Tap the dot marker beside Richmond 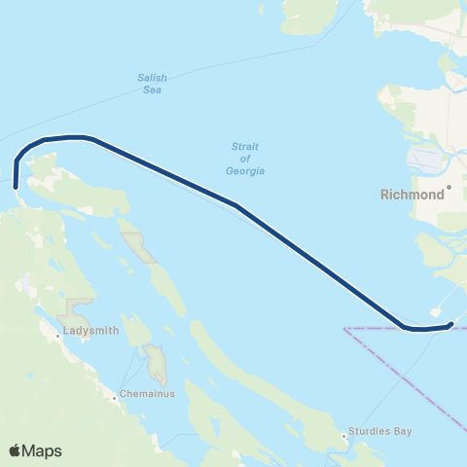point(449,186)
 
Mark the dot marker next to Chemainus point(114,395)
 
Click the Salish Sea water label point(150,85)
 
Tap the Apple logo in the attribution point(15,450)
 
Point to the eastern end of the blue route point(450,325)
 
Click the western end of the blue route point(16,185)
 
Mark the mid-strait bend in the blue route point(236,205)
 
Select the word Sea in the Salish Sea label point(150,90)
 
